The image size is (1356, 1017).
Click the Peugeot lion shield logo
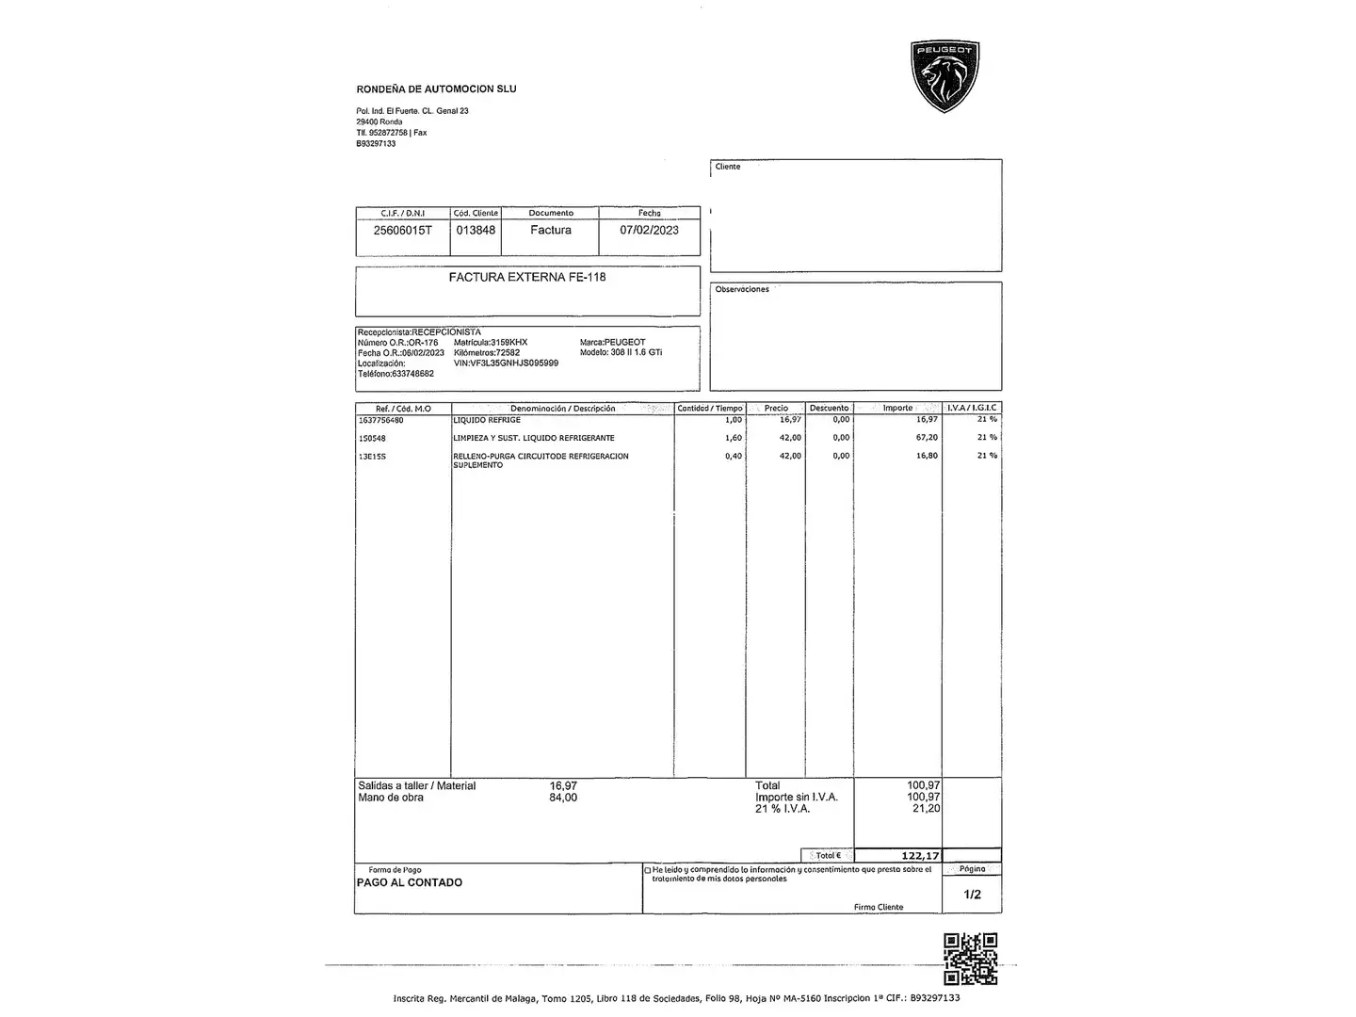point(945,76)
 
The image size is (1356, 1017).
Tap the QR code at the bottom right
point(970,959)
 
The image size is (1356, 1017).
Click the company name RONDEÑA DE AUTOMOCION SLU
point(436,89)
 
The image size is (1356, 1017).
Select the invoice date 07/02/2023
point(649,230)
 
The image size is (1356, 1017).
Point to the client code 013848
point(476,230)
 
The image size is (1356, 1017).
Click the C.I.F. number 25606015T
point(403,230)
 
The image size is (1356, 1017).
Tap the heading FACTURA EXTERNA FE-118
point(527,277)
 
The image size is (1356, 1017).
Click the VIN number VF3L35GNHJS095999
point(519,363)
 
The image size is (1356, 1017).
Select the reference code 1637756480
point(381,420)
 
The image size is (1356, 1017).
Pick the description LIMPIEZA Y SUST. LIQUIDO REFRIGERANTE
point(534,438)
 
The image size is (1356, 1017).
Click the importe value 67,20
point(927,438)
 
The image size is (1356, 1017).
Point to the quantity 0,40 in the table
point(733,456)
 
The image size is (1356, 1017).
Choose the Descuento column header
point(829,408)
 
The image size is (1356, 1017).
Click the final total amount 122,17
point(920,856)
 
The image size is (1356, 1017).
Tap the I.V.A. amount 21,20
point(926,809)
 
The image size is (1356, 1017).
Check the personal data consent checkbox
point(647,870)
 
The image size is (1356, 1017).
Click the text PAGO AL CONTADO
point(410,882)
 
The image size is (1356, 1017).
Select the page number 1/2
point(972,895)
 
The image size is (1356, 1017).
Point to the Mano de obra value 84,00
point(563,798)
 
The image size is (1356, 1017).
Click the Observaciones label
point(742,289)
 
